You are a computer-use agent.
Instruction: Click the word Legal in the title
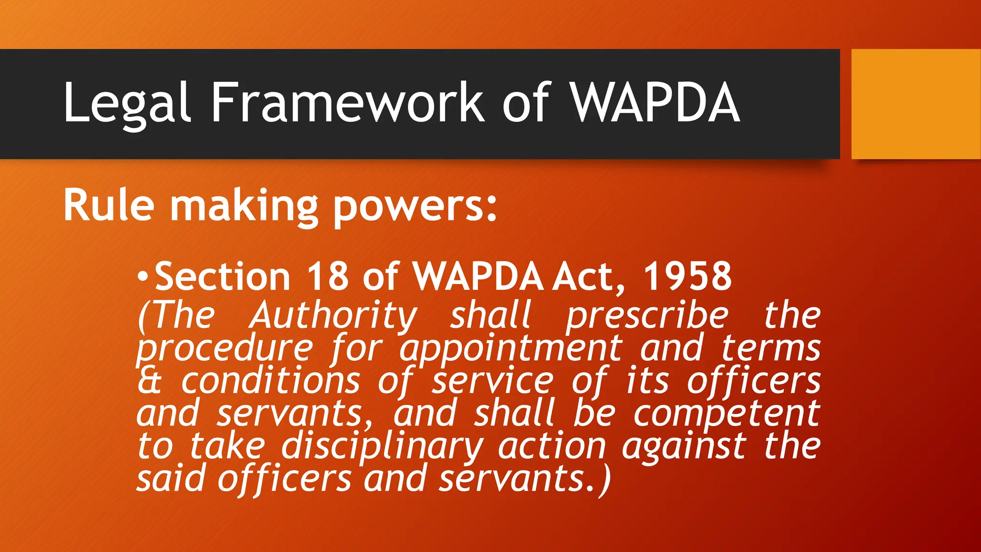[x=127, y=103]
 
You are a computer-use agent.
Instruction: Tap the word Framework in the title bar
[x=348, y=103]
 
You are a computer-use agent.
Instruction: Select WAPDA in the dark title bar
[x=655, y=103]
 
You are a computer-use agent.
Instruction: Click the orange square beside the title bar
[x=915, y=104]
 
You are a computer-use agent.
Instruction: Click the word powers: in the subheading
[x=415, y=208]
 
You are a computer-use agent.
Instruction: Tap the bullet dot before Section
[x=142, y=276]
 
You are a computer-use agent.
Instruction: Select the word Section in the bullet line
[x=223, y=276]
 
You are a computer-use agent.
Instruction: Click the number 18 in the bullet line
[x=328, y=276]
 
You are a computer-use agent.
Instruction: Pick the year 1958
[x=687, y=276]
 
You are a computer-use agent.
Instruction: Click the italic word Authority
[x=333, y=316]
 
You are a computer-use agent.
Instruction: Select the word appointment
[x=511, y=349]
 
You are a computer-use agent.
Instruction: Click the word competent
[x=727, y=413]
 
